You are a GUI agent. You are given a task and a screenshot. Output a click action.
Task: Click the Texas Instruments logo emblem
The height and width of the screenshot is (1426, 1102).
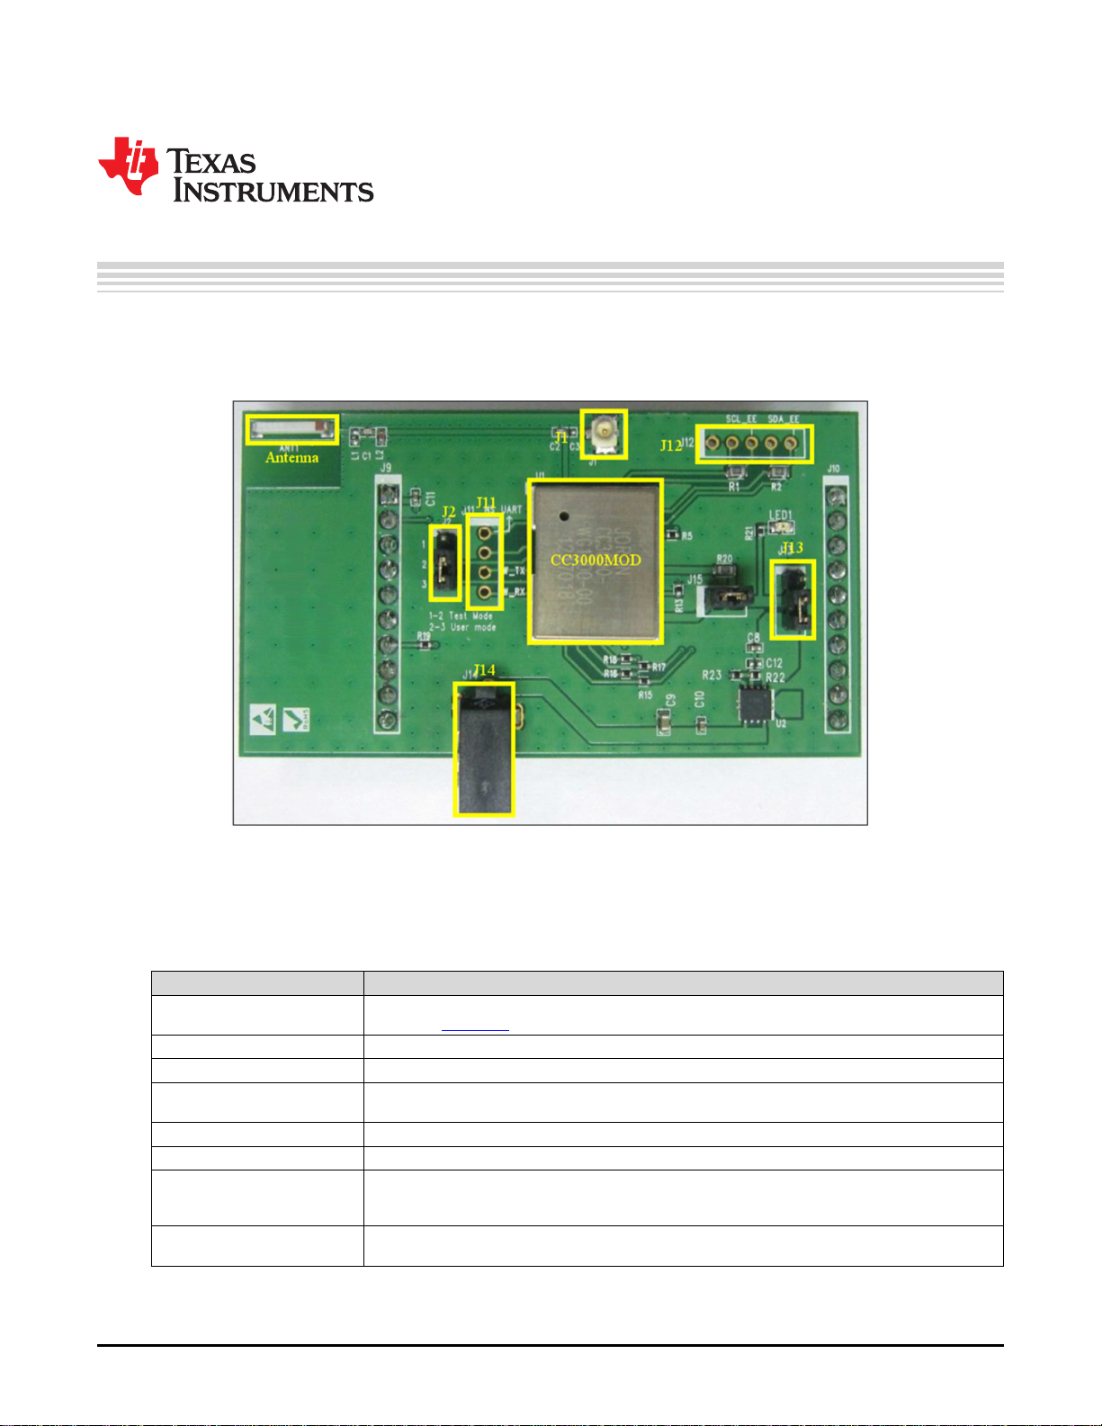point(129,166)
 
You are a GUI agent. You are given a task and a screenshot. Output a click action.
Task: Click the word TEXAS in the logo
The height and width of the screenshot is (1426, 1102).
point(212,162)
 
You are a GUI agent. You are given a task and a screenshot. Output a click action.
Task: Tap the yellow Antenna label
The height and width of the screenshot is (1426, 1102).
point(291,458)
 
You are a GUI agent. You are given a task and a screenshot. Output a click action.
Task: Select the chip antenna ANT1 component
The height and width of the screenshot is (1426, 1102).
point(292,428)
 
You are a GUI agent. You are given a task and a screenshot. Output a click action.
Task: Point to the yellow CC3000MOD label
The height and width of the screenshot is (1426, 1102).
point(596,560)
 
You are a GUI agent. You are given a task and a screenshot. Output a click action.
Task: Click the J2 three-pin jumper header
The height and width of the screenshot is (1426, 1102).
point(445,565)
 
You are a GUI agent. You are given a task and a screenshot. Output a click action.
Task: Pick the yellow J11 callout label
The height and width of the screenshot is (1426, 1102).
point(486,502)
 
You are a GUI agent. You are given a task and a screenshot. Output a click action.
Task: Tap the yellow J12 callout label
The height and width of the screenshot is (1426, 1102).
point(670,445)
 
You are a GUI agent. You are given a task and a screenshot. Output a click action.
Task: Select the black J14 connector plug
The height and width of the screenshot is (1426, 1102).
point(484,749)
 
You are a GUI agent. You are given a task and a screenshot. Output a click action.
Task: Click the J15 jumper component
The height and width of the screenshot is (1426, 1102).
point(727,596)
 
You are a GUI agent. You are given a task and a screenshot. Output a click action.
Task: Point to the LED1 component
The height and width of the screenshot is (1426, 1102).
point(779,527)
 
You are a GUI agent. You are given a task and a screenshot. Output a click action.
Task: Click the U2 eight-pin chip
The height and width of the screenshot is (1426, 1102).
point(754,704)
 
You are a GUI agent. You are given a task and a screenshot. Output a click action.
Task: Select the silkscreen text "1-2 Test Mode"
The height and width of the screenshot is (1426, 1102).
point(461,616)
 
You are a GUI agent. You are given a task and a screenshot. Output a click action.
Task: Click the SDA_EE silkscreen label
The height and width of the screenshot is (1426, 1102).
point(783,419)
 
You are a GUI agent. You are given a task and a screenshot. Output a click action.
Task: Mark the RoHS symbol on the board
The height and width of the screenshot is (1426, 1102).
point(296,719)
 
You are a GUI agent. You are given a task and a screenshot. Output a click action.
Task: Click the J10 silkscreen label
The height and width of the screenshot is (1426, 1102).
point(834,469)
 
